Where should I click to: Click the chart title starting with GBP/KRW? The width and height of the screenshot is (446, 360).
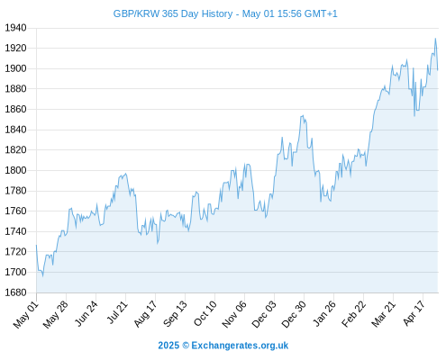(225, 13)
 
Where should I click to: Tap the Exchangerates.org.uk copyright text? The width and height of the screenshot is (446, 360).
(223, 346)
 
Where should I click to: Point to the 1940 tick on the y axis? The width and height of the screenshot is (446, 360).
(15, 28)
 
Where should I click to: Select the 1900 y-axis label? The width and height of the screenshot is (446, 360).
(15, 68)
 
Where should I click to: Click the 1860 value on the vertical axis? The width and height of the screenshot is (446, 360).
(15, 109)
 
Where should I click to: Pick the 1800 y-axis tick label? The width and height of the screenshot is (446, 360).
(15, 170)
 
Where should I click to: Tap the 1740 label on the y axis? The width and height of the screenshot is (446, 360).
(15, 231)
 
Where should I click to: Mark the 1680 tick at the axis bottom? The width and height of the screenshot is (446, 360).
(15, 292)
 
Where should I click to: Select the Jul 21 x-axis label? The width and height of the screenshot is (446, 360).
(117, 312)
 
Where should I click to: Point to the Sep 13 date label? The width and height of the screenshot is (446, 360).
(175, 314)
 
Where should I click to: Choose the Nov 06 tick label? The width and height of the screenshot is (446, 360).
(234, 314)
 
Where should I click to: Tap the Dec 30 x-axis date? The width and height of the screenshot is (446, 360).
(294, 314)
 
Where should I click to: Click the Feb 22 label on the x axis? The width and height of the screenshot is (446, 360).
(353, 314)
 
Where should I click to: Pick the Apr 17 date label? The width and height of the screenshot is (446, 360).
(414, 313)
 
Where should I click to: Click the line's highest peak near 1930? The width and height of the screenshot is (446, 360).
(435, 39)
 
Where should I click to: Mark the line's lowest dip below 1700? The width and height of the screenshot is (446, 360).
(42, 275)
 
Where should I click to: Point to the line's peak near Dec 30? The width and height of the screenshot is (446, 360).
(303, 115)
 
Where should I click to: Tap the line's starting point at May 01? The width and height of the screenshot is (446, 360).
(36, 246)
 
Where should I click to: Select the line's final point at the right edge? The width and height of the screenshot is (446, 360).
(438, 70)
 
